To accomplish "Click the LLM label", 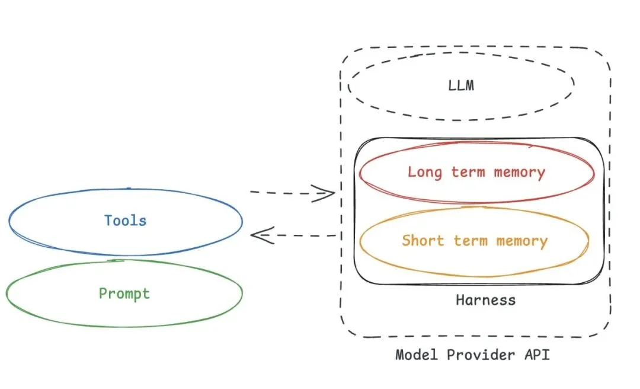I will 461,85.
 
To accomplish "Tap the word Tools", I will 126,221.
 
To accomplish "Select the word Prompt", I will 124,294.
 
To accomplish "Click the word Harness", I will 485,299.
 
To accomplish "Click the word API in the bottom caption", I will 536,355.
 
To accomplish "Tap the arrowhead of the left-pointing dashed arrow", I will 258,235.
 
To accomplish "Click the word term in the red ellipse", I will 468,173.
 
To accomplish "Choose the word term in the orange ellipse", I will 471,241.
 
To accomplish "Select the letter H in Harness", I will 460,299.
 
